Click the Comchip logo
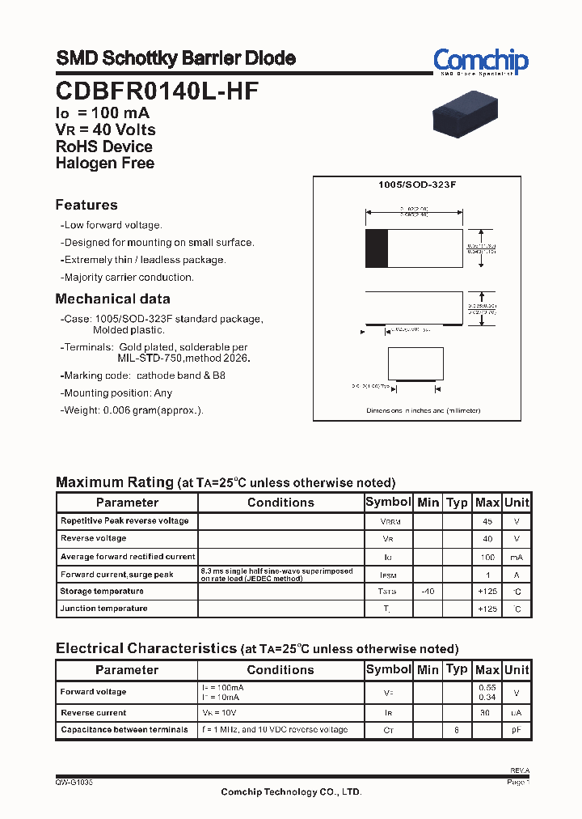[480, 61]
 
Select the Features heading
[86, 205]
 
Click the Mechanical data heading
[112, 299]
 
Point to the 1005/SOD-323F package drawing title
[417, 185]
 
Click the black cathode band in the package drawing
[376, 248]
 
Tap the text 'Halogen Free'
[104, 163]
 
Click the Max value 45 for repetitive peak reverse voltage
[487, 521]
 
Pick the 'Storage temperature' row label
[102, 592]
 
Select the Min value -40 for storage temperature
[428, 592]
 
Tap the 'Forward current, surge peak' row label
[117, 575]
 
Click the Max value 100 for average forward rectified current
[487, 557]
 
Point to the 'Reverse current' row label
[94, 713]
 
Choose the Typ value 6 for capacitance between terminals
[457, 730]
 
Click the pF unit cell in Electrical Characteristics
[517, 730]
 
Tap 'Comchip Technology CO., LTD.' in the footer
[291, 792]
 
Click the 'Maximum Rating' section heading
[114, 482]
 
